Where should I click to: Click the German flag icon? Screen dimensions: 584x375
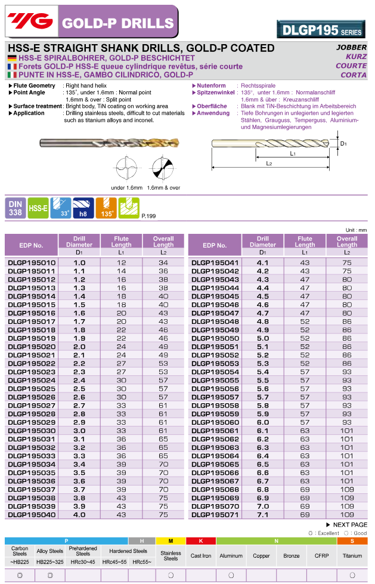[x=12, y=58]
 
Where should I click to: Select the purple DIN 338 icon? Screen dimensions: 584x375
[x=14, y=208]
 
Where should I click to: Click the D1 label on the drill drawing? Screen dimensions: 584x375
[x=344, y=144]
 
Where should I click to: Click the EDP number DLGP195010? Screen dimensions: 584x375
[x=32, y=262]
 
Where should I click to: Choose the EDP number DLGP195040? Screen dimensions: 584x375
[x=32, y=514]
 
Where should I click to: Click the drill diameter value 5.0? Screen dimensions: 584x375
[x=263, y=338]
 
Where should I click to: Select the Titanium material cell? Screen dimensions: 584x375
[x=352, y=555]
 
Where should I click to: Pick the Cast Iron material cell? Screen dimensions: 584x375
[x=201, y=555]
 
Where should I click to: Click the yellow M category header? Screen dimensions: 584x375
[x=171, y=540]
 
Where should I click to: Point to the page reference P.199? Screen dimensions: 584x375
[x=149, y=215]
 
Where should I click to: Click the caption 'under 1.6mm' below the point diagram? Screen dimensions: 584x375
[x=126, y=187]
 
